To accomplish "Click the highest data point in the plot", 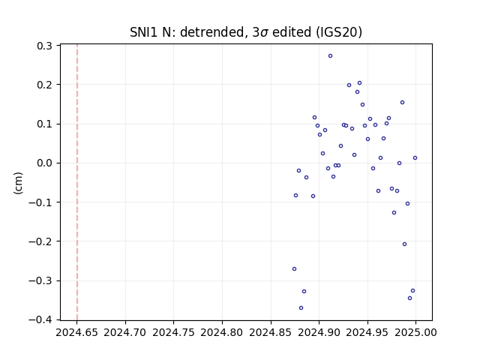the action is coord(330,56).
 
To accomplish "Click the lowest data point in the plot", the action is coord(301,308).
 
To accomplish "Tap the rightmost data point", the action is coord(415,158).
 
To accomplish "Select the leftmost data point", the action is coord(294,269).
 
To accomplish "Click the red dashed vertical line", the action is coord(77,182).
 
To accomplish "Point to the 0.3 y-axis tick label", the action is coord(44,46).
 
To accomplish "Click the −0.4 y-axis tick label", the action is coord(40,319).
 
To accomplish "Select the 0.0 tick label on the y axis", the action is coord(44,163).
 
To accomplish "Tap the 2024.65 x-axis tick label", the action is coord(76,332).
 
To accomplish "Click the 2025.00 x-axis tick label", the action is coord(415,332).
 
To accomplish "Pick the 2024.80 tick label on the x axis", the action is coord(222,332).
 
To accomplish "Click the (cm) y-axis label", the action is coord(18,183).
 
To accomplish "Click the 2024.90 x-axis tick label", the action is coord(319,332).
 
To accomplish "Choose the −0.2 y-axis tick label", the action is coord(40,241).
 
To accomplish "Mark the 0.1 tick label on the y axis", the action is coord(44,124).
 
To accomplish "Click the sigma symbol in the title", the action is coord(264,33).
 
